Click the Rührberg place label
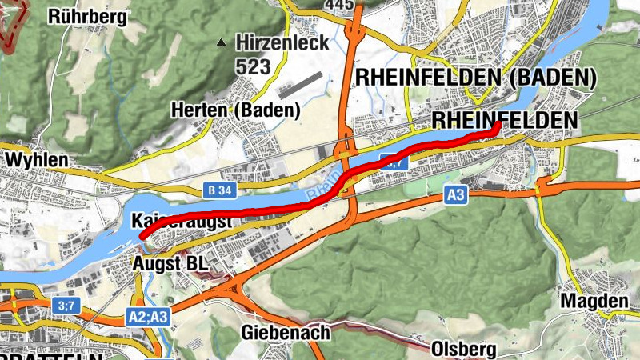pos(87,17)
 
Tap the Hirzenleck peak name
pos(281,42)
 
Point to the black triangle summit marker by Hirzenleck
pos(222,42)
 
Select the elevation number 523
pos(253,66)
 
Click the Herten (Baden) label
pos(235,110)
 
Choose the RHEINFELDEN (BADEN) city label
pos(476,78)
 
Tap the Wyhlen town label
pos(36,161)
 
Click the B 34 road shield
pos(219,190)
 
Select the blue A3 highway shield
pos(456,194)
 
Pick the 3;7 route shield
pos(64,305)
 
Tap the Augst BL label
pos(170,262)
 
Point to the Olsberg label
pos(463,350)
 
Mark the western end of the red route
pos(143,236)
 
